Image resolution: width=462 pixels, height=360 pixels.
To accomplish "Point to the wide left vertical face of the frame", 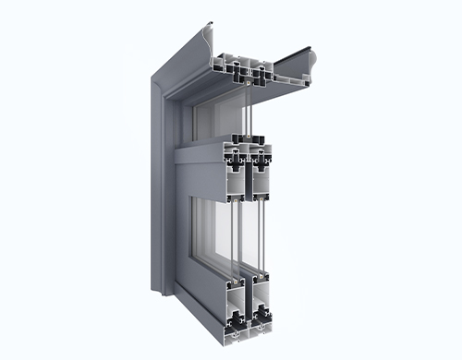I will [x=158, y=185].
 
